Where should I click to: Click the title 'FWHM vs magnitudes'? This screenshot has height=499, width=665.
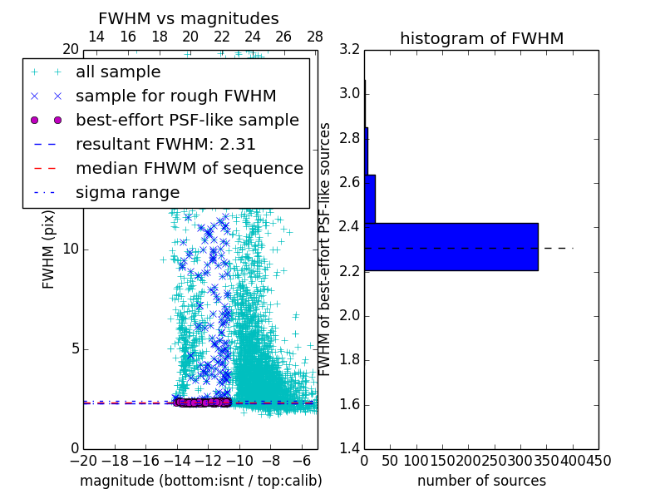point(188,18)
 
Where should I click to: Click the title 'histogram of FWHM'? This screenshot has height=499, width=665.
point(481,38)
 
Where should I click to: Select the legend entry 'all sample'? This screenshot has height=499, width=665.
point(118,72)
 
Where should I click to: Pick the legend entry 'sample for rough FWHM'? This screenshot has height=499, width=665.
point(175,96)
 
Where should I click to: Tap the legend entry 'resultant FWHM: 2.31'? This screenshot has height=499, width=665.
point(165,144)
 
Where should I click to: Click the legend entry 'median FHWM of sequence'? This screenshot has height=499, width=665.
point(189,168)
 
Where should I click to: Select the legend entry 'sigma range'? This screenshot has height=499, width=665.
point(127,192)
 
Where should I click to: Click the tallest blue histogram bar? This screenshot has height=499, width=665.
point(451,246)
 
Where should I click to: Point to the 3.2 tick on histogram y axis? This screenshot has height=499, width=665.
point(350,50)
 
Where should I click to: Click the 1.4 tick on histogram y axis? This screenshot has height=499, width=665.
point(350,449)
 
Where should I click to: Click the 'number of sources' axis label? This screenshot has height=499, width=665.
point(481,481)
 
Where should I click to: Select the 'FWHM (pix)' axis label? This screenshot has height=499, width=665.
point(49,249)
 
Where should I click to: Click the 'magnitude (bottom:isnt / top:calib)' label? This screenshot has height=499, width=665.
point(200,481)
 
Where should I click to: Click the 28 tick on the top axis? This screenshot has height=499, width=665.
point(315,37)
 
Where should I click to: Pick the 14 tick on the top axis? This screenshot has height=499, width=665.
point(96,37)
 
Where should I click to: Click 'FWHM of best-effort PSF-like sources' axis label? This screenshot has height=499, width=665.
point(326,249)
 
